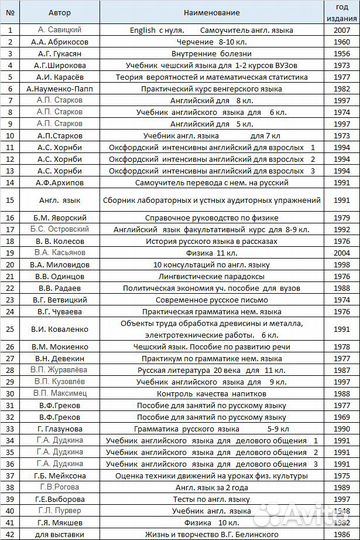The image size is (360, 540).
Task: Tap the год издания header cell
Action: click(342, 12)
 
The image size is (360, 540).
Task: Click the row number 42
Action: click(9, 534)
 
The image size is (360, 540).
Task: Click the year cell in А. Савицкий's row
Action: click(342, 31)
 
